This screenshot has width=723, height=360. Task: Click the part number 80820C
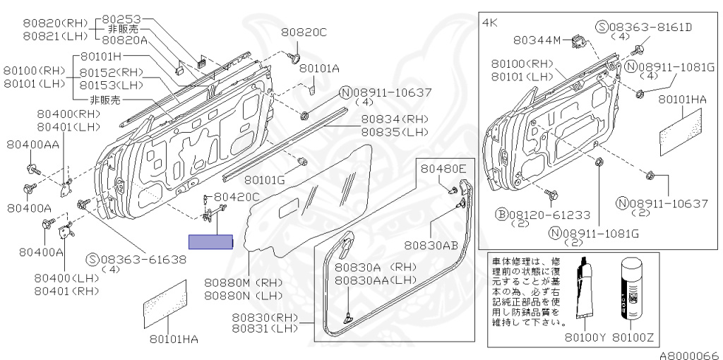pos(304,32)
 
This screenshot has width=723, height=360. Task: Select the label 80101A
pos(319,68)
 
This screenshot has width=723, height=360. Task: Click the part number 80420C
pos(237,196)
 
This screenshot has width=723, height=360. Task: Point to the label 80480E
pos(444,169)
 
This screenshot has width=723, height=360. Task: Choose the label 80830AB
pos(431,245)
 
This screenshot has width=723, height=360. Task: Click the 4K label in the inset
pos(489,23)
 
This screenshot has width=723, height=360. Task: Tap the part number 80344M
pos(537,40)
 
